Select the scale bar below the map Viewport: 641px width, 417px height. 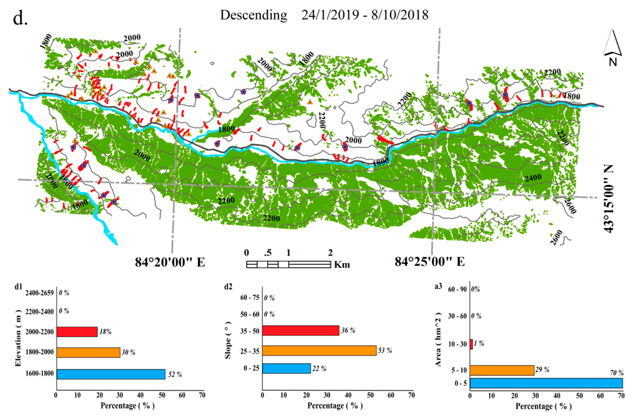(288, 264)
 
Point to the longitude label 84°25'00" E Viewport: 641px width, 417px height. (430, 262)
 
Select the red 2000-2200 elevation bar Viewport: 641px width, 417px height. (77, 332)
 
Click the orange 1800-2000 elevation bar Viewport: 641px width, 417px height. (88, 352)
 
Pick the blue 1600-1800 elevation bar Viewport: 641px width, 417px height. (111, 374)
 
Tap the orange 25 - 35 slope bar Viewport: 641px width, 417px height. (319, 350)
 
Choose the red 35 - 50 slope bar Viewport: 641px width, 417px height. (301, 330)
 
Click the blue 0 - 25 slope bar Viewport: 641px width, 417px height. (286, 368)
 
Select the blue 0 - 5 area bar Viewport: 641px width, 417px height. (546, 383)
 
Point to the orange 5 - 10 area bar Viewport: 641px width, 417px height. (502, 370)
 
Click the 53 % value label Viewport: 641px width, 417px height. (385, 350)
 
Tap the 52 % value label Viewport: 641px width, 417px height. (175, 375)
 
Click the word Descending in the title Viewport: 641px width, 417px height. (254, 15)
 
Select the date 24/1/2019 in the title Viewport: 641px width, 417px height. (330, 15)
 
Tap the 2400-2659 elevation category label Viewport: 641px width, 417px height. (39, 293)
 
